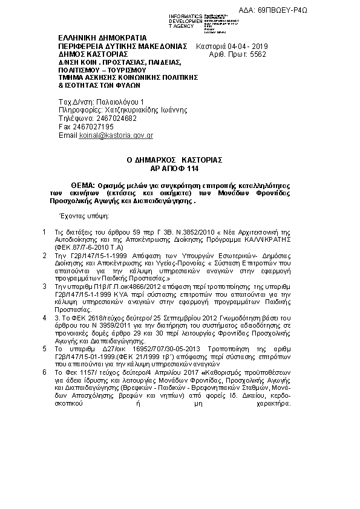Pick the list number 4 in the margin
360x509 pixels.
44,317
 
